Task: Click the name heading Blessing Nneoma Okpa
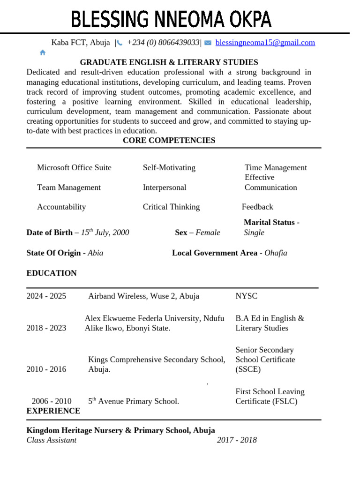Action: click(x=171, y=20)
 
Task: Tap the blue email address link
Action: click(x=265, y=43)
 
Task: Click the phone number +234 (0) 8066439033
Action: click(x=163, y=43)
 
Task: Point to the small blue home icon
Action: click(x=43, y=52)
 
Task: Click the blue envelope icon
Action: click(x=208, y=43)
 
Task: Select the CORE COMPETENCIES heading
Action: click(x=169, y=141)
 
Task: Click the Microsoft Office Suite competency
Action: click(x=74, y=168)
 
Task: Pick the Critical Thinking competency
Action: click(x=171, y=207)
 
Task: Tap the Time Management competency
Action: click(x=276, y=168)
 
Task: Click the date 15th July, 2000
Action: click(x=105, y=232)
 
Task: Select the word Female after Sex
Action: click(x=208, y=232)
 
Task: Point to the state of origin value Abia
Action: click(x=96, y=253)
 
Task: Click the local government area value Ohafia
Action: click(x=276, y=253)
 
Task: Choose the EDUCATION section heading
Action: click(x=52, y=273)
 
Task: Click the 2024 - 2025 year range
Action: click(x=46, y=296)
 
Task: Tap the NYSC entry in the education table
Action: click(x=246, y=296)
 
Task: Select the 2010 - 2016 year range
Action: click(x=46, y=369)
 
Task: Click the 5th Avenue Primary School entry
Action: click(x=134, y=401)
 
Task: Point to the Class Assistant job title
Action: click(x=52, y=440)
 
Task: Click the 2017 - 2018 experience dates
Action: click(x=237, y=440)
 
